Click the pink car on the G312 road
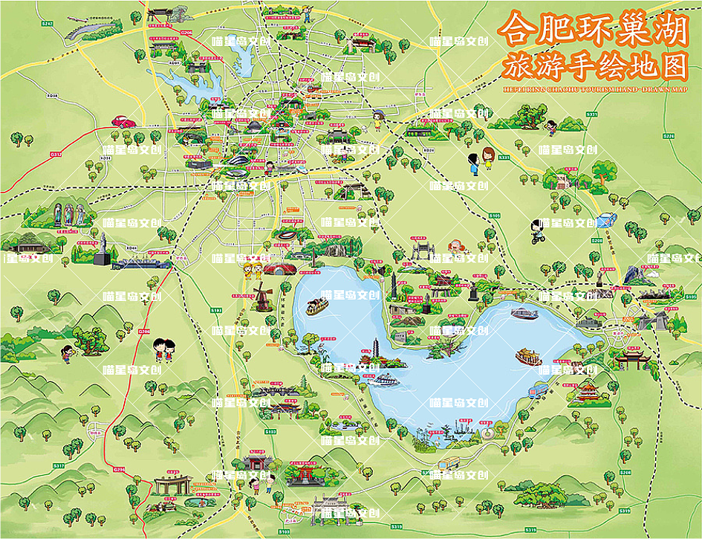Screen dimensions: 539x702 [x=122, y=121]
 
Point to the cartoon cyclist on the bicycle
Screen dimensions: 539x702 [x=537, y=231]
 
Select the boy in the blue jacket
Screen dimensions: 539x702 [x=472, y=161]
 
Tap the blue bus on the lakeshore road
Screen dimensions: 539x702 [x=536, y=391]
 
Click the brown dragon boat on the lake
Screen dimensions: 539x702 [x=317, y=303]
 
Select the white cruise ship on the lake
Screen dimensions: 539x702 [x=387, y=380]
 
